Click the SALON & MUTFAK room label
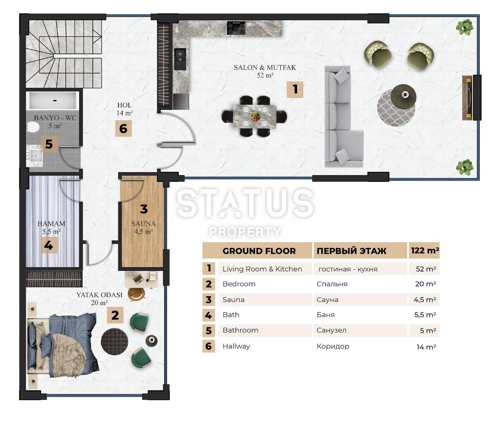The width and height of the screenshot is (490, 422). point(265,68)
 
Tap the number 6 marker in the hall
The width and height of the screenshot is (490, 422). point(123,129)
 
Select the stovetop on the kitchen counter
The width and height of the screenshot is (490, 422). point(236,28)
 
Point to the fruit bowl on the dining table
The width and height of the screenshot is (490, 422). point(255,116)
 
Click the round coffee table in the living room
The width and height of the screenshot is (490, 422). point(403,95)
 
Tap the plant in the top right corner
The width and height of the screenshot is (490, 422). point(465,27)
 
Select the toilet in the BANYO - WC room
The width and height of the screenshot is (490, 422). point(33,127)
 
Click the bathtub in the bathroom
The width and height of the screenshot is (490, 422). point(52,100)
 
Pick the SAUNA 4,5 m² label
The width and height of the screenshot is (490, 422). point(143,227)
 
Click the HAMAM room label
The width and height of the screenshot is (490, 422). point(51,224)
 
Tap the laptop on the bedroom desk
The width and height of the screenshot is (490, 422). point(137,278)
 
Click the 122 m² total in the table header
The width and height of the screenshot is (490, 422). point(425,251)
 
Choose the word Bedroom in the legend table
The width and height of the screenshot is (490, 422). point(239,284)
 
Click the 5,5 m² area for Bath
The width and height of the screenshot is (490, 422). point(425,315)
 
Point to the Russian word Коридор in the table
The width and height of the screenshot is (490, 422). point(333,346)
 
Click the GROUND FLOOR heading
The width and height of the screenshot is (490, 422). point(259,251)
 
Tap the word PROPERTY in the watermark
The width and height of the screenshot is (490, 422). point(245,232)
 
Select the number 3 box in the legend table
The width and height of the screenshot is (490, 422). point(209,300)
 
